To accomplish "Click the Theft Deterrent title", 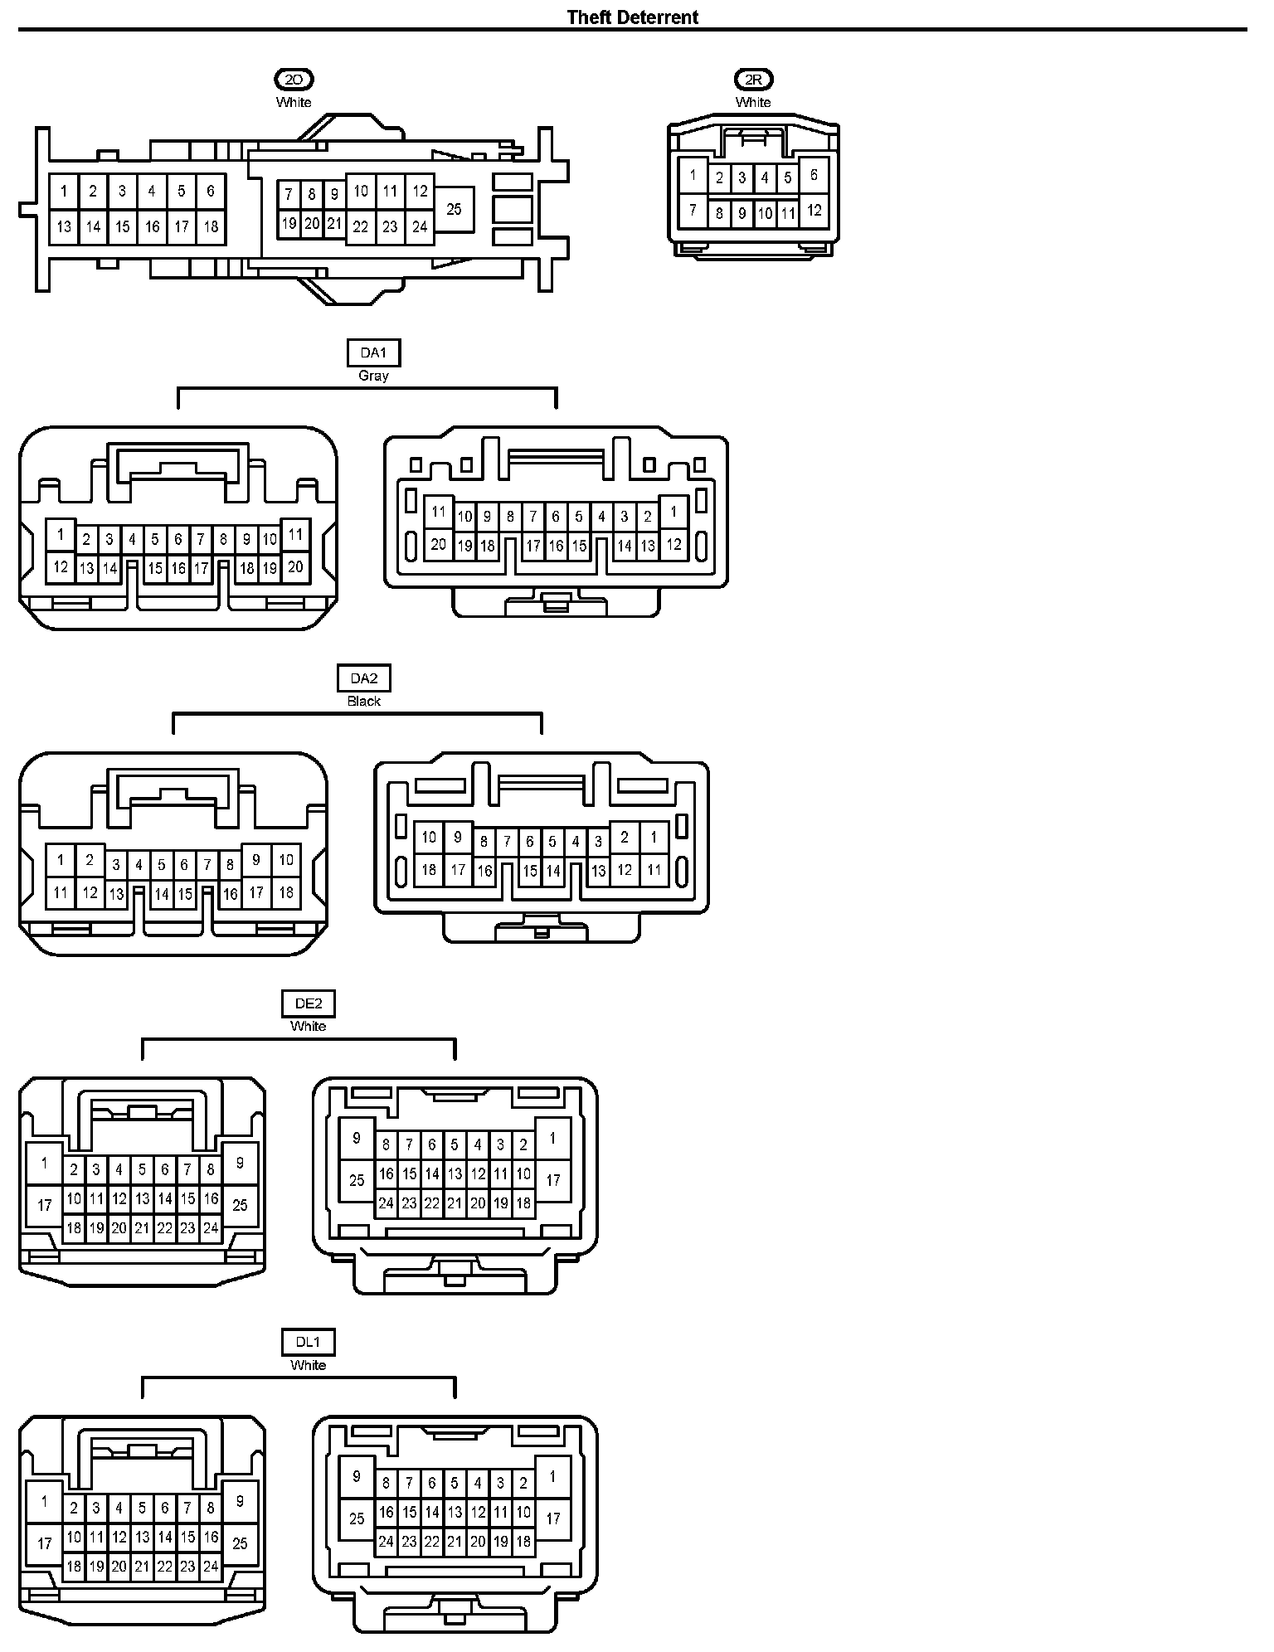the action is pyautogui.click(x=632, y=17).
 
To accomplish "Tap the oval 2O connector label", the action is pyautogui.click(x=294, y=80).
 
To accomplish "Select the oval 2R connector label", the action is pyautogui.click(x=753, y=80).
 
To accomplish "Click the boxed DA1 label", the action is pyautogui.click(x=373, y=353).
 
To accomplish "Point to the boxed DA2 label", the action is pyautogui.click(x=363, y=678).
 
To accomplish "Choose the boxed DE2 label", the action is pyautogui.click(x=309, y=1003).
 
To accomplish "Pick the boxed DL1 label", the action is pyautogui.click(x=309, y=1342).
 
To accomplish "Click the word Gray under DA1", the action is pyautogui.click(x=373, y=376).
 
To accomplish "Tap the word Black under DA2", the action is pyautogui.click(x=363, y=701).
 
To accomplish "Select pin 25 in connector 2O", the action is pyautogui.click(x=454, y=209).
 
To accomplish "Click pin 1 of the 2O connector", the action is pyautogui.click(x=64, y=192).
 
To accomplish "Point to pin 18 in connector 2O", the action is pyautogui.click(x=211, y=226).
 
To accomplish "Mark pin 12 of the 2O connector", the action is pyautogui.click(x=420, y=192).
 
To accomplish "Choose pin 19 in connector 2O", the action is pyautogui.click(x=289, y=223).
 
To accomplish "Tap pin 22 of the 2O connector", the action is pyautogui.click(x=360, y=226).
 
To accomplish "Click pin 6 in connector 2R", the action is pyautogui.click(x=814, y=175).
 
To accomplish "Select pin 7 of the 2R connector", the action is pyautogui.click(x=693, y=210).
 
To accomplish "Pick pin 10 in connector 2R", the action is pyautogui.click(x=765, y=214).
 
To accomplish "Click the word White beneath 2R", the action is pyautogui.click(x=753, y=102).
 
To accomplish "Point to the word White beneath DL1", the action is pyautogui.click(x=309, y=1364).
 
